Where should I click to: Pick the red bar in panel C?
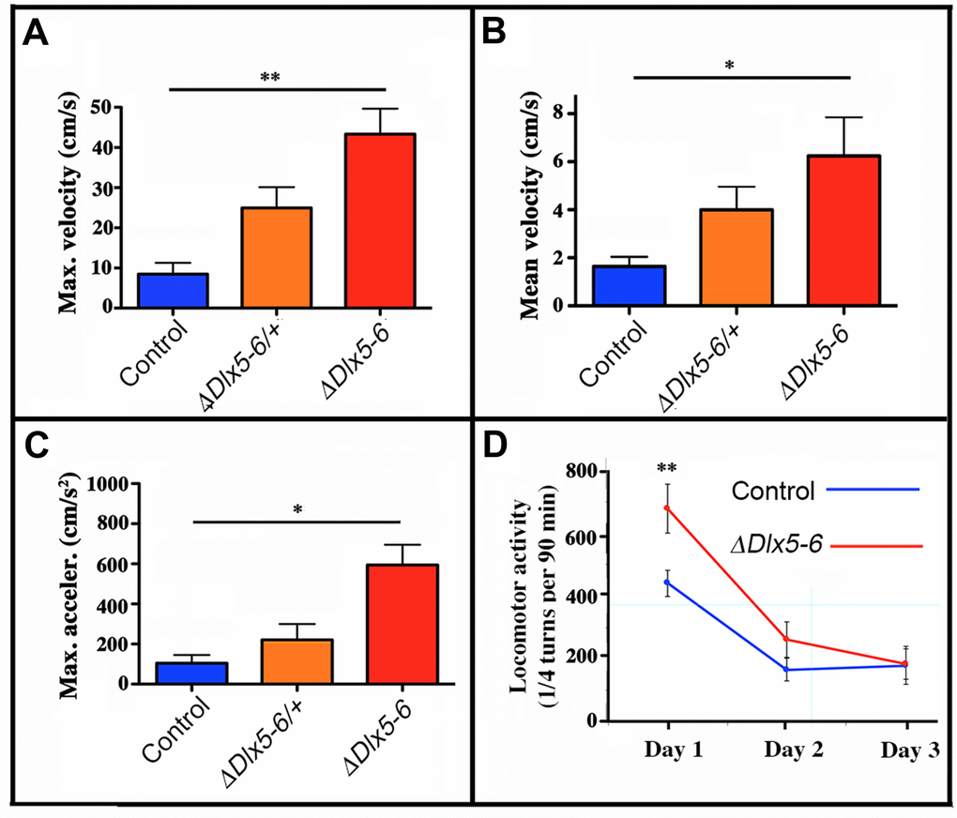[403, 624]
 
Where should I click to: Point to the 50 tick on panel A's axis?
[122, 108]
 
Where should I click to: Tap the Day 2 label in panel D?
[787, 750]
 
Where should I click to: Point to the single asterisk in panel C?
[297, 509]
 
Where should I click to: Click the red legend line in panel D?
[877, 545]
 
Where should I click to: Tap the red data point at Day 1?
[667, 507]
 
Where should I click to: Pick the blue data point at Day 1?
[667, 583]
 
